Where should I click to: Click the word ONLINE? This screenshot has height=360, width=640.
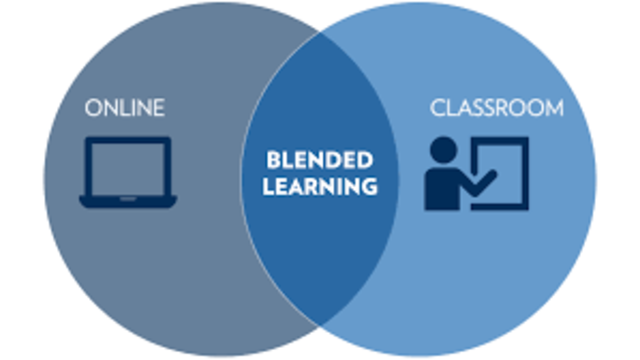pos(124,107)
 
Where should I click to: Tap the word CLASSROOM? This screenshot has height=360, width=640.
pos(496,107)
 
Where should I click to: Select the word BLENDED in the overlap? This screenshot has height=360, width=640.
pos(319,161)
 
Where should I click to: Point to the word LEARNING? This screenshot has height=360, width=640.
pos(320,186)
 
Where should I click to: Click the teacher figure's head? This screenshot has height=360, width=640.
pos(443,151)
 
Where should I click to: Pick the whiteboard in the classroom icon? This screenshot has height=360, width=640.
pos(502,170)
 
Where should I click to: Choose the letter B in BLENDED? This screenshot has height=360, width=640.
pos(271,161)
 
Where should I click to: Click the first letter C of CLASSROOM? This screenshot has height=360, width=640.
pos(437,107)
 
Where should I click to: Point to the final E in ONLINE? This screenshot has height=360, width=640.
pos(158,107)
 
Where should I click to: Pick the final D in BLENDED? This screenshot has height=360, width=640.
pos(366,161)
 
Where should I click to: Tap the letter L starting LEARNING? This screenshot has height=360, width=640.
pos(267,186)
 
